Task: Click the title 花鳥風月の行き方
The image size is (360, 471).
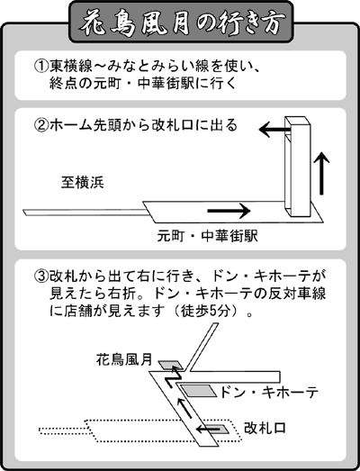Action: click(181, 23)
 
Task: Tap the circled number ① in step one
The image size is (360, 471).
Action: click(41, 66)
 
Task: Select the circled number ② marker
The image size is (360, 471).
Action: click(41, 125)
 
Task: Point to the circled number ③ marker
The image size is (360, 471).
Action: click(41, 276)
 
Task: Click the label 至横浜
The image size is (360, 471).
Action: click(83, 182)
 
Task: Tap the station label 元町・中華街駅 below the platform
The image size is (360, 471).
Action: click(208, 236)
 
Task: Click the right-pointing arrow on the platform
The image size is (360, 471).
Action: click(229, 211)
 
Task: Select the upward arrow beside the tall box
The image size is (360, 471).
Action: click(322, 173)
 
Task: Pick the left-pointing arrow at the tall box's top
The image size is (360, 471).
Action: click(274, 130)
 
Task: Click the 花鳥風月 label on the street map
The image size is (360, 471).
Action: click(124, 359)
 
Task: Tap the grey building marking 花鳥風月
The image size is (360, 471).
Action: click(170, 365)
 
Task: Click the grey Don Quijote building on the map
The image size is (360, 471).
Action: click(199, 391)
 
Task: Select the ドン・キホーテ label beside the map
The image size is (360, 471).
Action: click(269, 392)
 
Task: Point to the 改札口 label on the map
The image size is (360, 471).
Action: click(265, 428)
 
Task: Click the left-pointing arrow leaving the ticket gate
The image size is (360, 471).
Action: click(208, 430)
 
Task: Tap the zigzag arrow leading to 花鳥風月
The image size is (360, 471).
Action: click(172, 376)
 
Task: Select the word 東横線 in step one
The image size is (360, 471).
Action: click(71, 66)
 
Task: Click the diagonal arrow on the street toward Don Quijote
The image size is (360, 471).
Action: click(184, 407)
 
